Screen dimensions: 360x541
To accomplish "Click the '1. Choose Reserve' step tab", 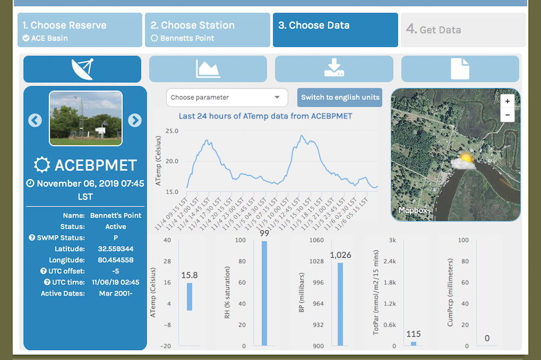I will coord(81,30).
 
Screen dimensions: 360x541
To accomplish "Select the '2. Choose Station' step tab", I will coord(207,30).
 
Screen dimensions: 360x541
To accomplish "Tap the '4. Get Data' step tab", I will coord(463,30).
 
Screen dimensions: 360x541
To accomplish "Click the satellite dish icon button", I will coord(82,69).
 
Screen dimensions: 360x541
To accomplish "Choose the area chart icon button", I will coord(208,69).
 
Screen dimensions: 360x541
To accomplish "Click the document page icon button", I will coord(460,69).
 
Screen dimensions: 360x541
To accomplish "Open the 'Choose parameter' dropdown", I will coord(227,98).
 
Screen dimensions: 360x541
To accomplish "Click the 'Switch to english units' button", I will coord(340,98).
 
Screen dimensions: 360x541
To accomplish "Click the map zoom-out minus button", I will coord(507,115).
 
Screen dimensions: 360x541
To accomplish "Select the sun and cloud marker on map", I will coord(464,161).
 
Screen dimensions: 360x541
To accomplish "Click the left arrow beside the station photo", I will coord(35,120).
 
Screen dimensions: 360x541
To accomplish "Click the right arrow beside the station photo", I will coord(135,120).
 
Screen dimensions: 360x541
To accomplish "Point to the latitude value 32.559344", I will coord(116,249).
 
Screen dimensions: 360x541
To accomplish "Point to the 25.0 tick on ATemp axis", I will coord(171,131).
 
